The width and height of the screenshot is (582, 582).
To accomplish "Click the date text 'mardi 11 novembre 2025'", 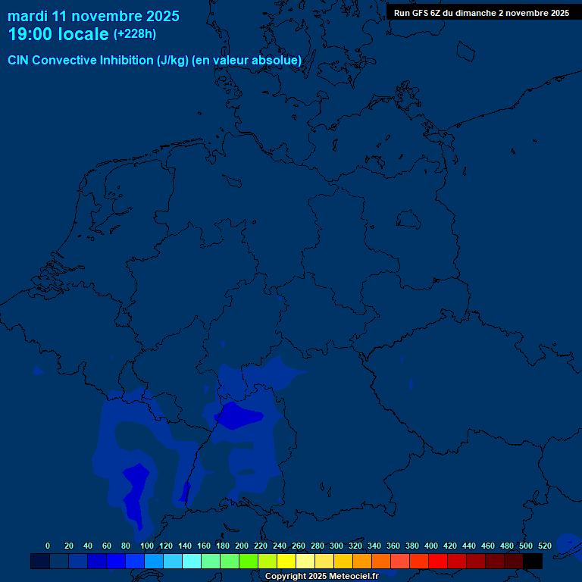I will [93, 16].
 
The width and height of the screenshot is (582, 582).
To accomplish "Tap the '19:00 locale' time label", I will [58, 35].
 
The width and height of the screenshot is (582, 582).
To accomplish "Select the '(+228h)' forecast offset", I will [135, 34].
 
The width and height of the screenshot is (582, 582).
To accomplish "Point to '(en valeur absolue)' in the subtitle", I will [247, 61].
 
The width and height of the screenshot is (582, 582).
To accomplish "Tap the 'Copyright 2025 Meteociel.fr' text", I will [321, 576].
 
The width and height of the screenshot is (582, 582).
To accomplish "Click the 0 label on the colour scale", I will [48, 546].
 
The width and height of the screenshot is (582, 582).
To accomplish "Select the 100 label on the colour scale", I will [146, 546].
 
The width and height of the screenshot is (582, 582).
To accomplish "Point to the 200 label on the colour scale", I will [241, 546].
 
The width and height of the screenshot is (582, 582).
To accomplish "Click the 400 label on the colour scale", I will [430, 546].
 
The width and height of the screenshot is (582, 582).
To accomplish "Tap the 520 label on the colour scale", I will [544, 546].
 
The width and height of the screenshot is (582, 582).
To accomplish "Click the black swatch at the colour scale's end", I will [533, 561].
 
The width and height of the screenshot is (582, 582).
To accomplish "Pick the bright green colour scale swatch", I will [249, 561].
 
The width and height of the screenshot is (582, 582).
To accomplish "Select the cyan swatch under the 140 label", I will [192, 561].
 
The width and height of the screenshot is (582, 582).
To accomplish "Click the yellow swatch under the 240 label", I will [286, 561].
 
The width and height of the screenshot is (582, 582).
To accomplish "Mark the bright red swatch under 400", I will [438, 561].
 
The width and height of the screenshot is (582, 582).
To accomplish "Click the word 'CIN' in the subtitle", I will [19, 61].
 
